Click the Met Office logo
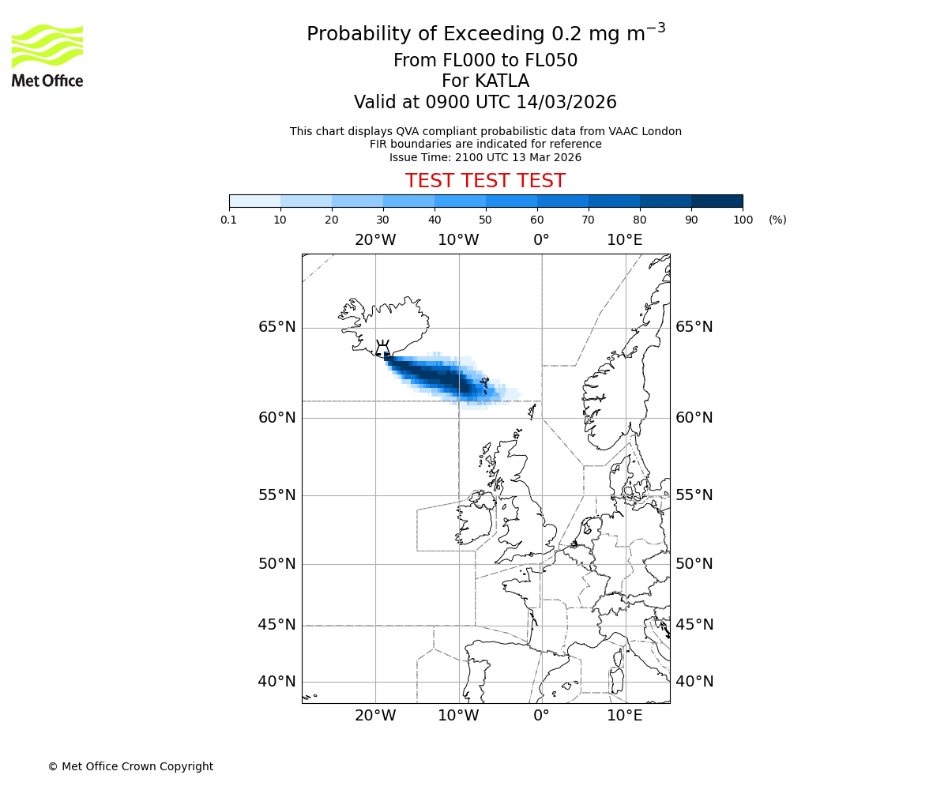coord(47,55)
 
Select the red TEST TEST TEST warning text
coord(485,181)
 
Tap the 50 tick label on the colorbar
coord(486,220)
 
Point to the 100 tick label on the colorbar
coord(743,220)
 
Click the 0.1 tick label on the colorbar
coord(229,220)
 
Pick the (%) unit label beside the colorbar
coord(777,220)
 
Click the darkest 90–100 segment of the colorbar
coord(717,201)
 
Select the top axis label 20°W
coord(375,239)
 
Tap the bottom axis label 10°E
coord(625,716)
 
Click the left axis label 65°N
coord(277,327)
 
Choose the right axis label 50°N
coord(694,564)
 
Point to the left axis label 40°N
coord(277,682)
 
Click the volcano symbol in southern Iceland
coord(383,349)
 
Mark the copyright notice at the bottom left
coord(130,766)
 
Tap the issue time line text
coord(485,157)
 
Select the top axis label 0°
coord(541,239)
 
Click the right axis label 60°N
coord(694,418)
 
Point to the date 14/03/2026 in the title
coord(566,103)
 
